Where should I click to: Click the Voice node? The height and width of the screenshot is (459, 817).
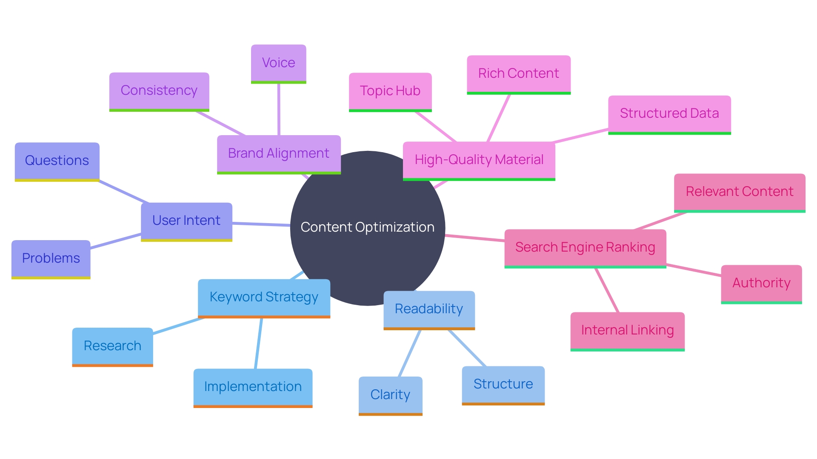pyautogui.click(x=278, y=63)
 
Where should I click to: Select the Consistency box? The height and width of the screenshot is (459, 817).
pyautogui.click(x=159, y=91)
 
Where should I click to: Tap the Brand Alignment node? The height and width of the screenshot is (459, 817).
pyautogui.click(x=279, y=153)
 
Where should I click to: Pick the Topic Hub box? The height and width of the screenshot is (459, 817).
pyautogui.click(x=390, y=91)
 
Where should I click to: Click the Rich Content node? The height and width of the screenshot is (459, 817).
pyautogui.click(x=518, y=74)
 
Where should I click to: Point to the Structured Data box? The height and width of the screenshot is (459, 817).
pyautogui.click(x=669, y=113)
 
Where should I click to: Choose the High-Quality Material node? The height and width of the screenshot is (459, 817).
pyautogui.click(x=479, y=160)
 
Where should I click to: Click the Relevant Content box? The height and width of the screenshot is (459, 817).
pyautogui.click(x=740, y=192)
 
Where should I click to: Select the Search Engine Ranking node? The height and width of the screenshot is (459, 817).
pyautogui.click(x=585, y=247)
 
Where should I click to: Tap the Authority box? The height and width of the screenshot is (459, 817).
pyautogui.click(x=761, y=283)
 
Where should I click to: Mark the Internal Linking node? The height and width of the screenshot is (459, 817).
pyautogui.click(x=627, y=330)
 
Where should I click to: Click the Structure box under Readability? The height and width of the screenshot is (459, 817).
pyautogui.click(x=503, y=384)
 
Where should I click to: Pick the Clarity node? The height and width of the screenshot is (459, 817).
pyautogui.click(x=390, y=395)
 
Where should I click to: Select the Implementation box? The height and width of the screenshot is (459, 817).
pyautogui.click(x=253, y=387)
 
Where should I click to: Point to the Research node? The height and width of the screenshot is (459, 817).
pyautogui.click(x=112, y=346)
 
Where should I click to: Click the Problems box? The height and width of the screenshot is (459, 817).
pyautogui.click(x=51, y=258)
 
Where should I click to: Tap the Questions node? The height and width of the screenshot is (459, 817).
pyautogui.click(x=57, y=161)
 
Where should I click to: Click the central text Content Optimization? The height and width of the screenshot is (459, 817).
pyautogui.click(x=367, y=227)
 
